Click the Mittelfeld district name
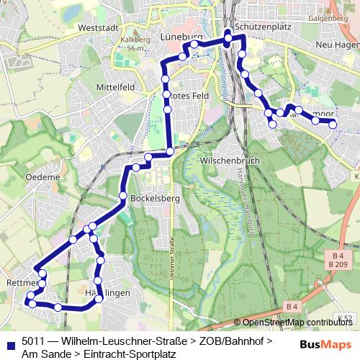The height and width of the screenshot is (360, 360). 116,87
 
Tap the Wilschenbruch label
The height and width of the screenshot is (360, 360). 230,160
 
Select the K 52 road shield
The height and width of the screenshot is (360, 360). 348,318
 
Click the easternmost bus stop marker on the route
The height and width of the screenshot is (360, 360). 333,125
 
